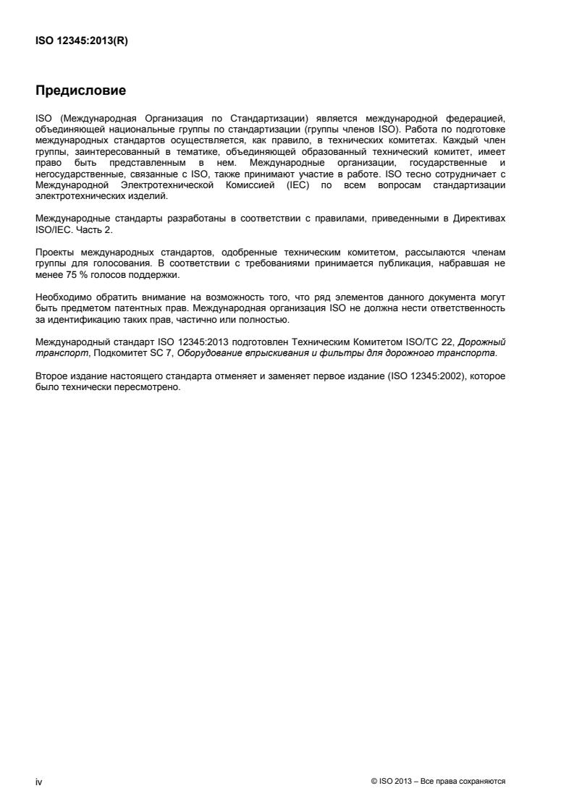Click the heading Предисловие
80,91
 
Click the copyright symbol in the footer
373,782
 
